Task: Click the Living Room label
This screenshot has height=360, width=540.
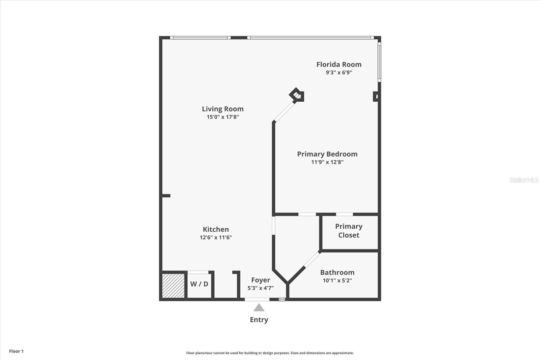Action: tap(223, 109)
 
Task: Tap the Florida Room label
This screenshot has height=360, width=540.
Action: tap(339, 64)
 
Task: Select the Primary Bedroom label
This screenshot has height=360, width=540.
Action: tap(327, 154)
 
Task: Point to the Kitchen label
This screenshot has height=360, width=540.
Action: tap(216, 229)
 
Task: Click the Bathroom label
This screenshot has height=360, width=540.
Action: tap(337, 272)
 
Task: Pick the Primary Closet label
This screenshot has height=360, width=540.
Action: tap(349, 231)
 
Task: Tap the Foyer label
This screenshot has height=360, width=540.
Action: tap(261, 280)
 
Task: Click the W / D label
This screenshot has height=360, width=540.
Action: tap(199, 284)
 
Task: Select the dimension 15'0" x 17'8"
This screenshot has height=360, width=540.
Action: tap(223, 117)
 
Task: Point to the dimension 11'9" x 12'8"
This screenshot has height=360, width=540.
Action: tap(327, 162)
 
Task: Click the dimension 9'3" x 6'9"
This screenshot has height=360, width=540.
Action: tap(339, 72)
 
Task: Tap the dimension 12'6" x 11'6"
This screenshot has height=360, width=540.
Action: tap(216, 237)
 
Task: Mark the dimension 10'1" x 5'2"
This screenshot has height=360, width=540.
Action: tap(337, 280)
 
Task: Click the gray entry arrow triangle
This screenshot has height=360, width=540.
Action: tap(259, 308)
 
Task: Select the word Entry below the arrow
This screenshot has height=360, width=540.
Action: tap(259, 319)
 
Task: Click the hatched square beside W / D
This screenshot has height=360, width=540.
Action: tap(173, 286)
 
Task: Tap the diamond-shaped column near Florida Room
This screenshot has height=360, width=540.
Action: tap(297, 95)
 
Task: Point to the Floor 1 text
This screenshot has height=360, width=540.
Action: tap(16, 351)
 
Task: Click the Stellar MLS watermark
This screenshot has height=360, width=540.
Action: tap(524, 180)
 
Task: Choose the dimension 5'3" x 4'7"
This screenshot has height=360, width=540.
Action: tap(261, 288)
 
